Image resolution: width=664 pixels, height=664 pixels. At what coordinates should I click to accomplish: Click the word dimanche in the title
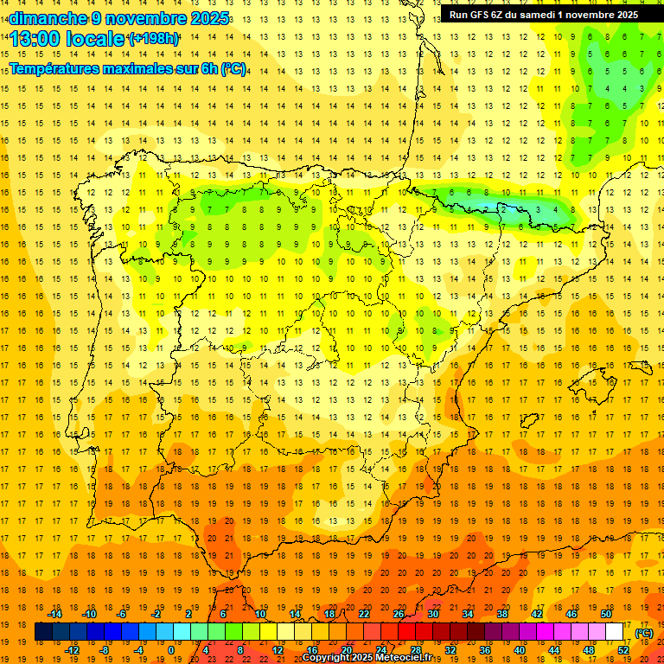[x=41, y=18]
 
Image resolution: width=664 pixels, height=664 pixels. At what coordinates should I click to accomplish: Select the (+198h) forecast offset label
[x=154, y=39]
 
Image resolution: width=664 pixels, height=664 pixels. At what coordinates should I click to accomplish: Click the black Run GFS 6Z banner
[x=544, y=14]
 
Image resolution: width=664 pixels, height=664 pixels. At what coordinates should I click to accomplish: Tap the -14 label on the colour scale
[x=54, y=614]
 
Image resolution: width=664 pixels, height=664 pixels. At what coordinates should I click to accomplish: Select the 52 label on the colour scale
[x=623, y=650]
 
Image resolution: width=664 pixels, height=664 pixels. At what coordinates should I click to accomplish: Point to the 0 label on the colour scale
[x=172, y=650]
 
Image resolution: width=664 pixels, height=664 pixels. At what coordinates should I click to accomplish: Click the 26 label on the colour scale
[x=399, y=614]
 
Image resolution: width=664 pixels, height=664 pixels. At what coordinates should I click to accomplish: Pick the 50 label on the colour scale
[x=606, y=614]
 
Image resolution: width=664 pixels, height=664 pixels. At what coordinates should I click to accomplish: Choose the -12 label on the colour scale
[x=72, y=650]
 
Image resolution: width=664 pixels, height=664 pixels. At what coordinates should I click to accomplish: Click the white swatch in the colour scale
[x=615, y=632]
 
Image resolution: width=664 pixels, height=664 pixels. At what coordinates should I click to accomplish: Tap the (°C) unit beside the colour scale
[x=643, y=633]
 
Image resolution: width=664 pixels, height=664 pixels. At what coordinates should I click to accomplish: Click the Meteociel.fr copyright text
[x=367, y=658]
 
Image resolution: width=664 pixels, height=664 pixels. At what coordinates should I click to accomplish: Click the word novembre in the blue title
[x=138, y=18]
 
